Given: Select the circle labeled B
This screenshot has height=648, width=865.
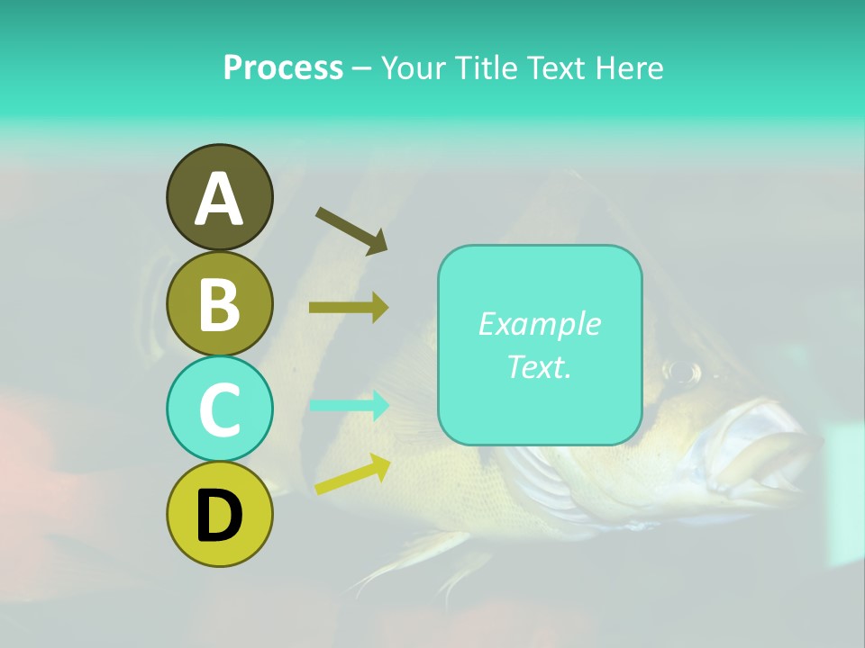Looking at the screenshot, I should pyautogui.click(x=219, y=303).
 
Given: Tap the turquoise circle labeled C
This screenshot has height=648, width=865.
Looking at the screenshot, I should pyautogui.click(x=219, y=409).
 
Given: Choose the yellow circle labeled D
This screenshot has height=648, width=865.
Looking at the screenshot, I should pyautogui.click(x=219, y=514).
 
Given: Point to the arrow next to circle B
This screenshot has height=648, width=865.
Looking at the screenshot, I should pyautogui.click(x=349, y=308).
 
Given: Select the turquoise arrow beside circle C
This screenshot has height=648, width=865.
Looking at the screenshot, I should pyautogui.click(x=349, y=405).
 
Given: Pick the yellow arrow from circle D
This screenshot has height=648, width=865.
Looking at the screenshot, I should pyautogui.click(x=352, y=474).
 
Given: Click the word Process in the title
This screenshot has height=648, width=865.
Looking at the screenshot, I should pyautogui.click(x=283, y=67).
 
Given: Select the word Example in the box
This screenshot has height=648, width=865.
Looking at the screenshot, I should pyautogui.click(x=539, y=324).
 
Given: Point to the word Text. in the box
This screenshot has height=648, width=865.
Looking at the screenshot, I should pyautogui.click(x=539, y=366).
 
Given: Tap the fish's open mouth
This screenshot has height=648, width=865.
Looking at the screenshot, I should pyautogui.click(x=766, y=450).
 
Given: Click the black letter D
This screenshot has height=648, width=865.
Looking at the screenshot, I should pyautogui.click(x=219, y=516).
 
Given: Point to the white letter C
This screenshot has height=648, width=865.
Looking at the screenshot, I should pyautogui.click(x=219, y=410).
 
